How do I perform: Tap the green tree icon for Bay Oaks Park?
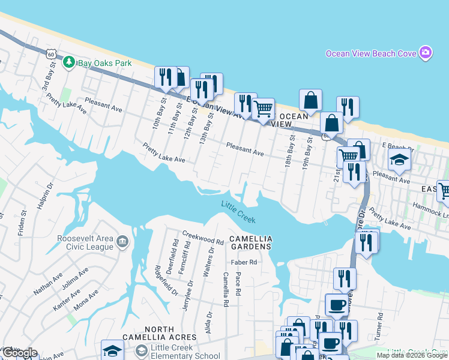pos(70,61)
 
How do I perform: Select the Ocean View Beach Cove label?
pos(371,53)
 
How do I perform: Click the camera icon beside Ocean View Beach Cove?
pos(426,53)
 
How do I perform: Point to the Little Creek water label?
pos(238,210)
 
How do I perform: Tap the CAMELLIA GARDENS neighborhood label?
pos(252,242)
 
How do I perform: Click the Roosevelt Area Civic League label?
pos(77,242)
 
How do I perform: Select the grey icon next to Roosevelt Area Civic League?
pos(122,242)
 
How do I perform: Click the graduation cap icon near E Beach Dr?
pos(399,160)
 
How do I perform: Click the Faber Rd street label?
pos(244,262)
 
